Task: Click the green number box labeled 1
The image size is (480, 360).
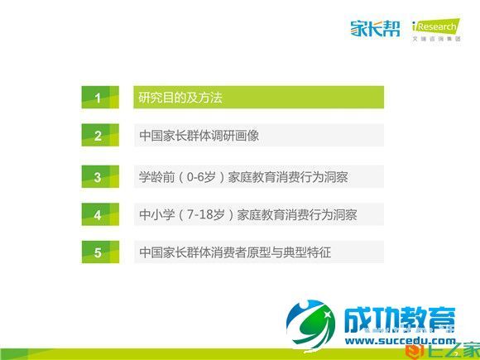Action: tap(98, 98)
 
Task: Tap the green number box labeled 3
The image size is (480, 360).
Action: tap(98, 176)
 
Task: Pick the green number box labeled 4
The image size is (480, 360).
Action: tap(98, 215)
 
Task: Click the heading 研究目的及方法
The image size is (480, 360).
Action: tap(180, 98)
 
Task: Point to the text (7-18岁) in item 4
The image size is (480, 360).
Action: tap(210, 215)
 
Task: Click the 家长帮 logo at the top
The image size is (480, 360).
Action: tap(374, 31)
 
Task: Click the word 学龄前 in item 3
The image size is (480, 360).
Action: tap(154, 176)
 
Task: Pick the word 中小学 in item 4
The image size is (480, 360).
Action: tap(154, 215)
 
